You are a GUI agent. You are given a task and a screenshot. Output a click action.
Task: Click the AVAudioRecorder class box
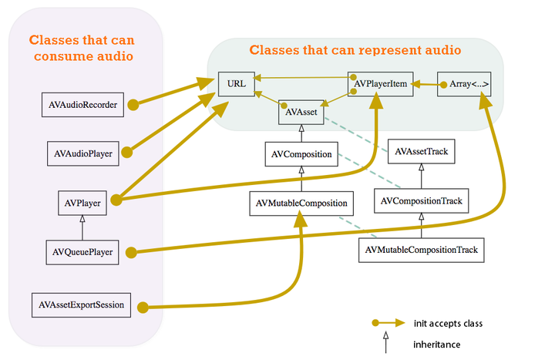(80, 104)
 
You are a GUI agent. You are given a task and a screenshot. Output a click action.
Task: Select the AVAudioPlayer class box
(80, 153)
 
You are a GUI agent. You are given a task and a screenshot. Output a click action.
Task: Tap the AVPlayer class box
(80, 203)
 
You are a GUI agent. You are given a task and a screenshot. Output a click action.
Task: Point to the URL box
(237, 83)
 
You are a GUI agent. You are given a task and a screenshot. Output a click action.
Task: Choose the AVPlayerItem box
(381, 83)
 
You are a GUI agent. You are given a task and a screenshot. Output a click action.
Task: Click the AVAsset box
(300, 113)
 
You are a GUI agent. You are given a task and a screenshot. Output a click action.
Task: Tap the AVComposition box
(301, 154)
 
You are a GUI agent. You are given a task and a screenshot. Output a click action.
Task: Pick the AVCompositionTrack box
(422, 202)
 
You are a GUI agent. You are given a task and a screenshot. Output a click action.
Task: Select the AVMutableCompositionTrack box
(421, 250)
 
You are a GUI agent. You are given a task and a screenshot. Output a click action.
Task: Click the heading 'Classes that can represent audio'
(355, 50)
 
